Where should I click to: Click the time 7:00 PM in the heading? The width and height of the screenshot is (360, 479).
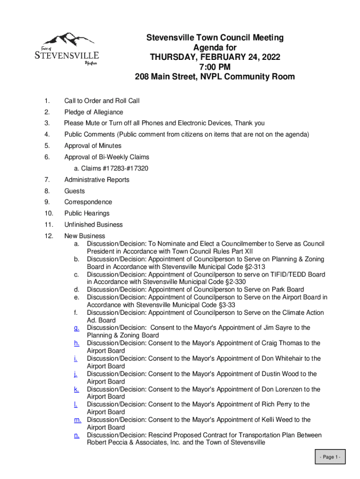(x=215, y=67)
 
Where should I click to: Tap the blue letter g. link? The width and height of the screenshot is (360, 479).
(x=76, y=328)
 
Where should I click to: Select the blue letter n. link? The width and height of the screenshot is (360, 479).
(x=76, y=435)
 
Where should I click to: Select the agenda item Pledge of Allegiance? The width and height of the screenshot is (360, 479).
(x=94, y=112)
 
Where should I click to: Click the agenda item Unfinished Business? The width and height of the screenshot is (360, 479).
(x=94, y=225)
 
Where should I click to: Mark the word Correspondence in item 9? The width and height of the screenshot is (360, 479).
(x=88, y=202)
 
